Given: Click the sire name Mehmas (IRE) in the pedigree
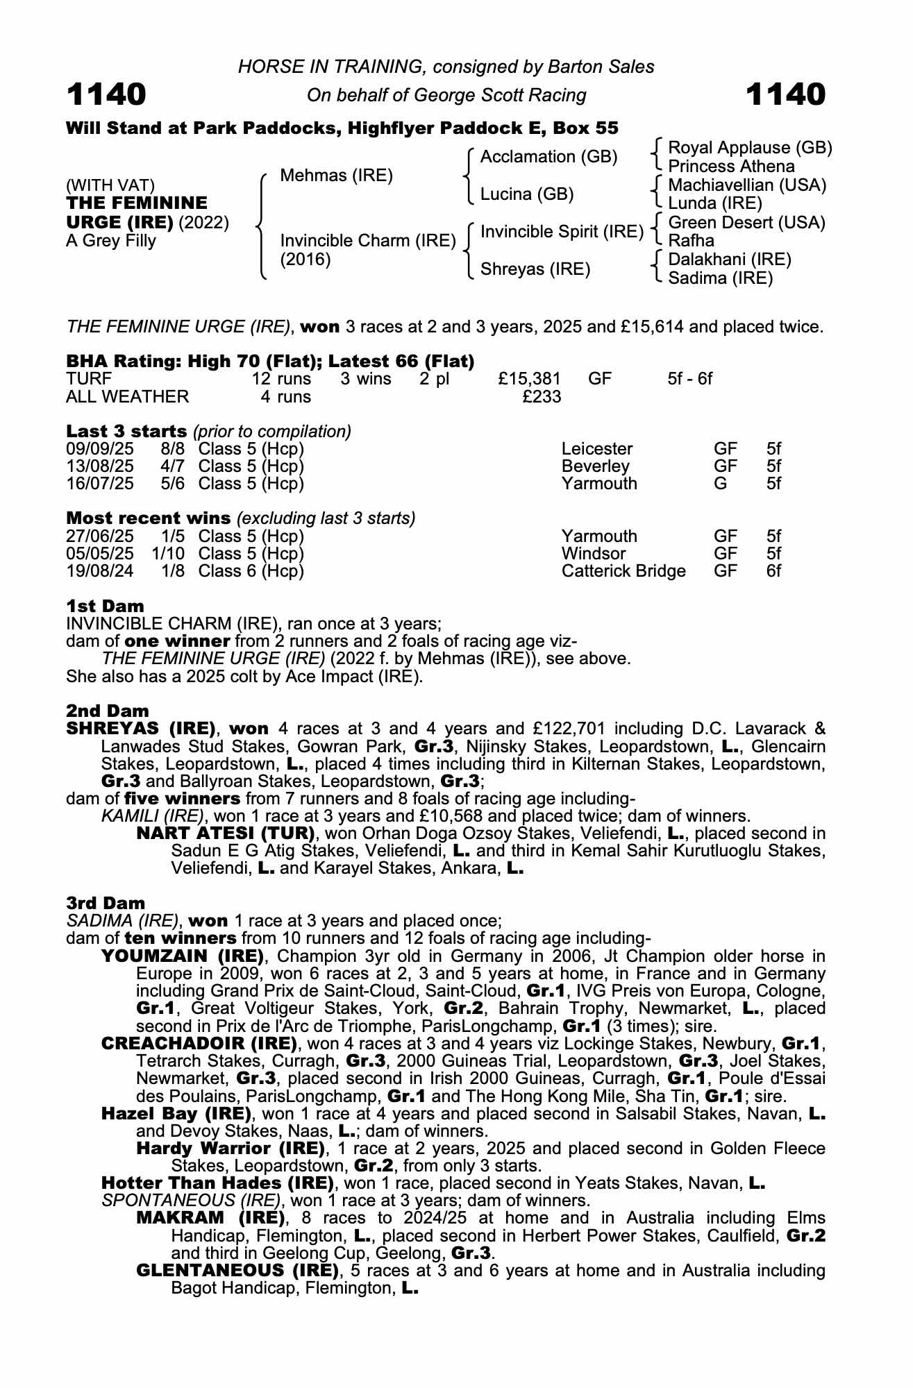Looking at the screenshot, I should click(x=336, y=176).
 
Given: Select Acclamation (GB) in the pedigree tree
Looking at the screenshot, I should click(x=548, y=157).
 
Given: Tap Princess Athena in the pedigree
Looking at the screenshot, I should click(x=731, y=167).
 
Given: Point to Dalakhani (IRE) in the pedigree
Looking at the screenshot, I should click(x=729, y=260).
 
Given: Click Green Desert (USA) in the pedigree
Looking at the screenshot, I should click(x=746, y=223).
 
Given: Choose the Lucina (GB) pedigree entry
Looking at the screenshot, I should click(x=527, y=194).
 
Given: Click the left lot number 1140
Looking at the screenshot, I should click(x=106, y=94).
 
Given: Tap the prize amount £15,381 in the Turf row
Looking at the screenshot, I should click(x=529, y=379).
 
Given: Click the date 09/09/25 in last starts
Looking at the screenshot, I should click(x=100, y=449).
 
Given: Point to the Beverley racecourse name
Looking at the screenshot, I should click(x=595, y=466).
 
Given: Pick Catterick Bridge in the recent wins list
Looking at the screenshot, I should click(x=623, y=571).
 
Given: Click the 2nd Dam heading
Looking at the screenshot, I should click(x=108, y=711).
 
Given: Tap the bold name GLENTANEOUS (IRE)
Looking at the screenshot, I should click(x=237, y=1271).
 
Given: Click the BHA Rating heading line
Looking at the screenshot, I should click(x=270, y=361).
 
